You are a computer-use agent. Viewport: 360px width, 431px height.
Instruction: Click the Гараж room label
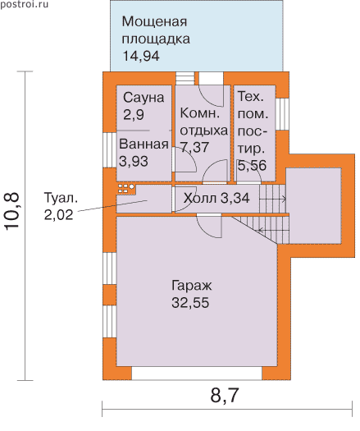pos(191,287)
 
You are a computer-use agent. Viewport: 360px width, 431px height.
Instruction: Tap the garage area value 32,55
pos(190,303)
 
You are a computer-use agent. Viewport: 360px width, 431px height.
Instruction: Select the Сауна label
pos(144,98)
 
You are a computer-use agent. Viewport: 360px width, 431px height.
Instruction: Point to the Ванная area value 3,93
pos(134,161)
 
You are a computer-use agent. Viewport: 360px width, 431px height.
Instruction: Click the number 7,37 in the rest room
pos(194,146)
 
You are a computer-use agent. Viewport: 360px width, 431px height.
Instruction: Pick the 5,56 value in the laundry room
pos(252,166)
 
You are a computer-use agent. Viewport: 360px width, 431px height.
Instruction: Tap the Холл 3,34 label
pos(216,198)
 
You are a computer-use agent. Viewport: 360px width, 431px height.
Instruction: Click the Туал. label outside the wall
pos(61,198)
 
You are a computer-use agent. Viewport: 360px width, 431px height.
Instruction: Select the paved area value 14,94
pos(140,56)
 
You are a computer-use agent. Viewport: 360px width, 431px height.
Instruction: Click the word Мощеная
pos(154,21)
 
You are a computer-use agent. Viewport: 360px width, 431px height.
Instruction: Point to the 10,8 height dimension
pos(11,211)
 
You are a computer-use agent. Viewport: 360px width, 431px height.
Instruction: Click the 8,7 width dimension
pos(225,396)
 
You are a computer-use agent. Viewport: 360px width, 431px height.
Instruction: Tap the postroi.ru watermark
pos(24,4)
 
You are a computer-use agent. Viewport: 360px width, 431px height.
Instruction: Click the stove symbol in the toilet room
pos(126,188)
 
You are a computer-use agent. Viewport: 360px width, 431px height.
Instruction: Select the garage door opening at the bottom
pos(197,374)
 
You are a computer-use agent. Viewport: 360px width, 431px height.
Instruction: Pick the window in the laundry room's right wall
pos(282,114)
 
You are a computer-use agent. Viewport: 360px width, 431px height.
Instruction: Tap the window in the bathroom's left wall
pos(110,150)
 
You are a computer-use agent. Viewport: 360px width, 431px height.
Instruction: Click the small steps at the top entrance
pos(185,78)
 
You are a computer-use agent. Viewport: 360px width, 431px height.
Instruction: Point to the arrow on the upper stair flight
pos(273,199)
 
